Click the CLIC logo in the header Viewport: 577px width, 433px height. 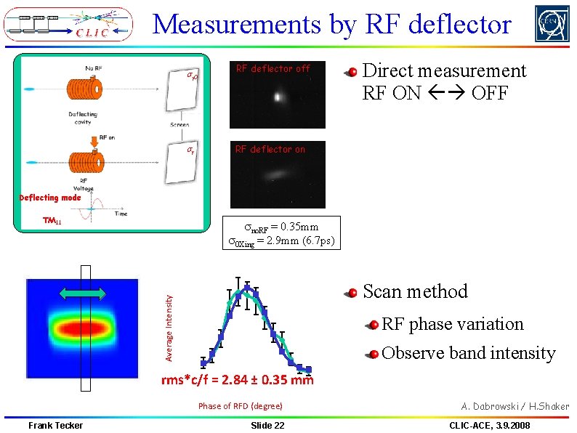(68, 25)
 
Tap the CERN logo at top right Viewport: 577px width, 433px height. (552, 24)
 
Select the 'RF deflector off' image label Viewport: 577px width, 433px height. (273, 68)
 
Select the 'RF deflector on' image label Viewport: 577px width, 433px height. (270, 149)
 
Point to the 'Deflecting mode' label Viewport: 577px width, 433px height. (50, 198)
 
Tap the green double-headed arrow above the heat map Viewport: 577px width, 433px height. (83, 293)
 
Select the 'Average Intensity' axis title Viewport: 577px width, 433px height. (169, 327)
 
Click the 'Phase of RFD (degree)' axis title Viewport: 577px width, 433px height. (241, 406)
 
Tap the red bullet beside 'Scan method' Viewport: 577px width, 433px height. (352, 294)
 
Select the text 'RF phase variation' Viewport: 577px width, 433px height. (452, 324)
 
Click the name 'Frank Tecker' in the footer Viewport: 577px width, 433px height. (55, 425)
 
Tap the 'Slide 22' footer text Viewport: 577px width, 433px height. (267, 425)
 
